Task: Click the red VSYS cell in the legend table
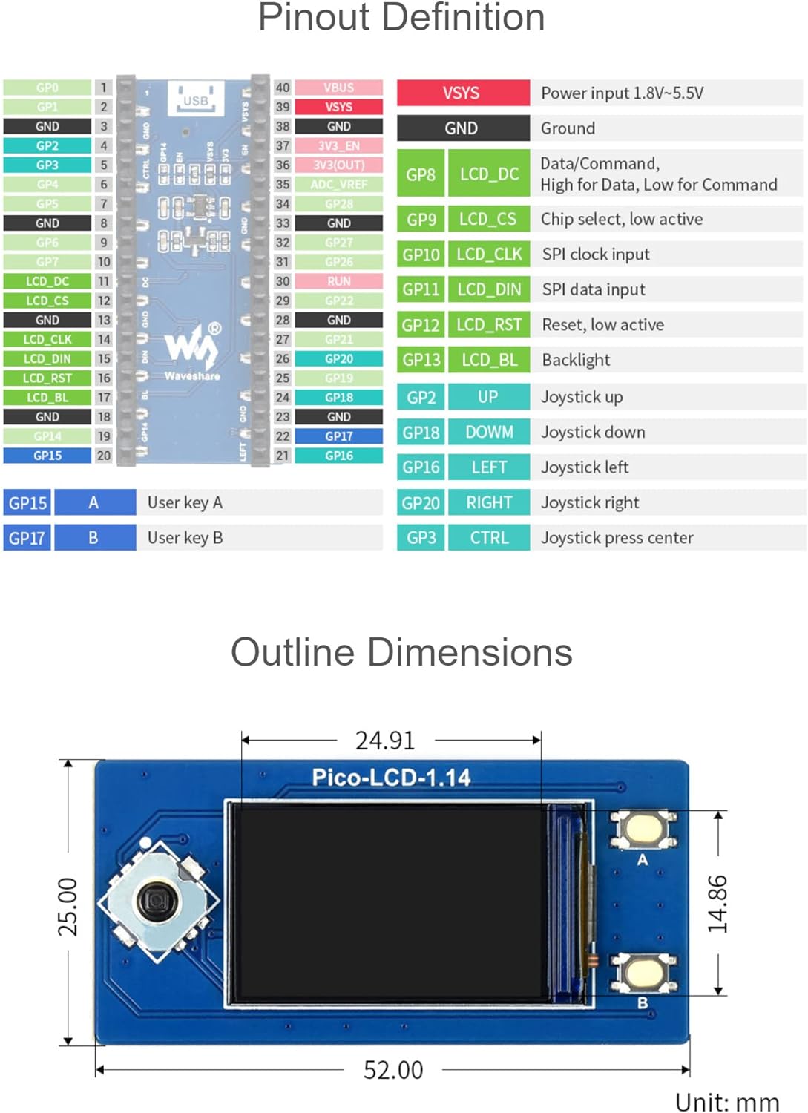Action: pos(462,93)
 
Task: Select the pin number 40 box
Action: pos(283,88)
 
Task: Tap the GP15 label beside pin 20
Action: pos(47,456)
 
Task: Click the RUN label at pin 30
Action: pos(338,281)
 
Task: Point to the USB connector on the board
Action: pos(196,99)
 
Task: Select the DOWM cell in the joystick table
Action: pos(489,432)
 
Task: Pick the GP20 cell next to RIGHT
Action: pos(421,502)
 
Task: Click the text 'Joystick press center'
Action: pos(617,538)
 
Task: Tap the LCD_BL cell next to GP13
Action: pos(489,360)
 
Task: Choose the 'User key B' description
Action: pos(185,538)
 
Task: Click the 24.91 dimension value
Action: pos(385,741)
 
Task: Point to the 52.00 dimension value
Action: pos(392,1070)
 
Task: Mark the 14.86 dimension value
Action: pos(717,903)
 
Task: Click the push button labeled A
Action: pos(643,828)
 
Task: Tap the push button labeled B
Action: pos(643,973)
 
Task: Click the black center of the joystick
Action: pos(157,902)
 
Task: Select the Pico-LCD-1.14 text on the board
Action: pos(391,778)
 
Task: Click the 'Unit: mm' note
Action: pos(726,1102)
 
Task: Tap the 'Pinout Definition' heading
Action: pos(401,18)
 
